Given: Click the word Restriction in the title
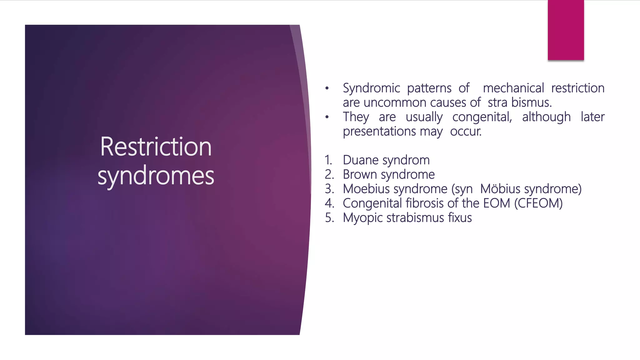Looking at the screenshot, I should pyautogui.click(x=156, y=147).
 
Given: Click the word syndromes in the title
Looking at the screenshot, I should pyautogui.click(x=156, y=176).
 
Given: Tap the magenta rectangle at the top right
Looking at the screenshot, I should pyautogui.click(x=566, y=30).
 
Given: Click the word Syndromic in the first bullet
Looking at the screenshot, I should pyautogui.click(x=371, y=88).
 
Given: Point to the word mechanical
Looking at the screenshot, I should pyautogui.click(x=513, y=88).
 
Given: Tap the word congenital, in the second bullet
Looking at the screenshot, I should pyautogui.click(x=482, y=117).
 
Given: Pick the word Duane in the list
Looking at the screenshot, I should pyautogui.click(x=361, y=160).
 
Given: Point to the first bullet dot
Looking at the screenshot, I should pyautogui.click(x=327, y=88).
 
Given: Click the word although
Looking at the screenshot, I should pyautogui.click(x=546, y=117).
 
